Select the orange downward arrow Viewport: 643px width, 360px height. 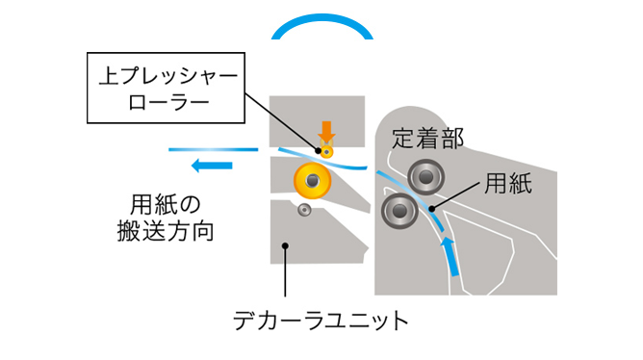click(x=327, y=132)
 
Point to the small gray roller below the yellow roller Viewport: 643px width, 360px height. click(x=305, y=210)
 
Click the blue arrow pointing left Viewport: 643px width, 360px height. click(x=213, y=166)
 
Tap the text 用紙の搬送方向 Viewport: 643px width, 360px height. click(x=170, y=218)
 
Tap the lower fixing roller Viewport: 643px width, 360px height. click(x=398, y=210)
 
